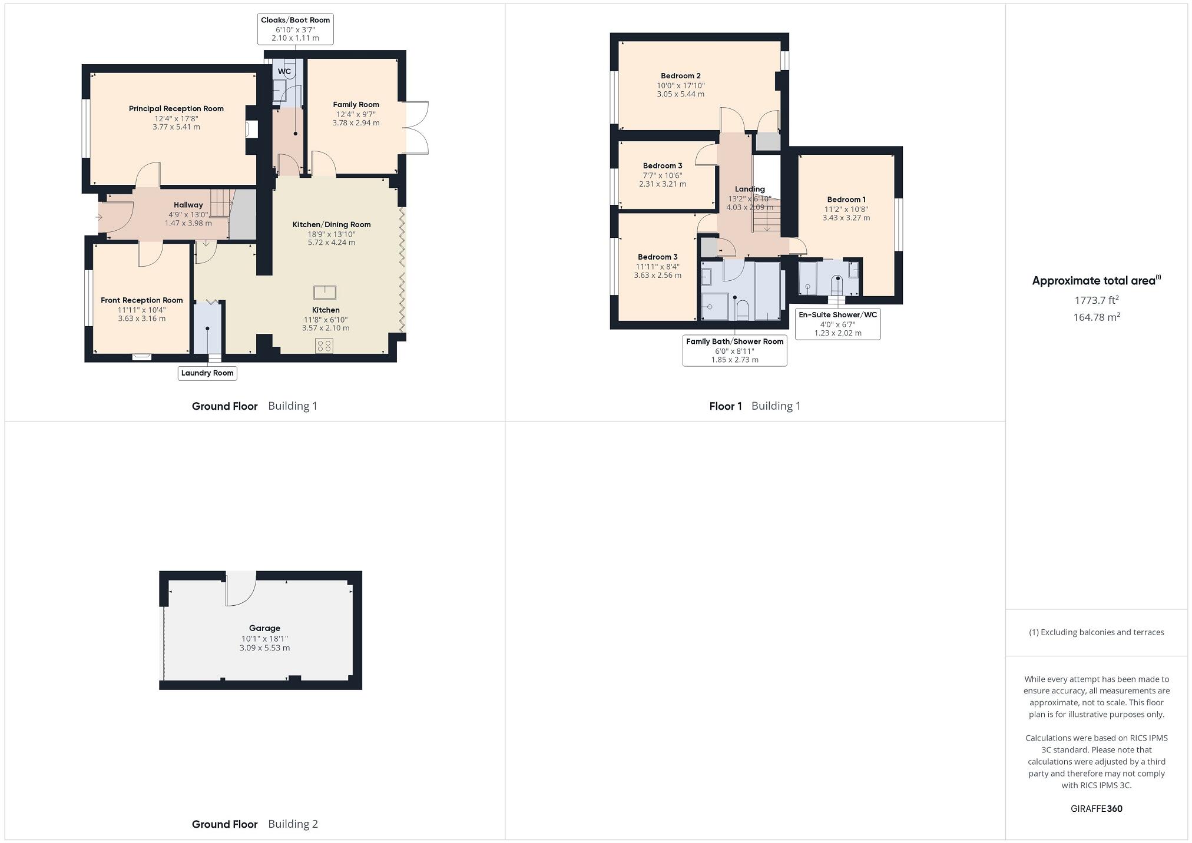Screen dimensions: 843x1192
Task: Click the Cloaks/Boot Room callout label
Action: [x=295, y=20]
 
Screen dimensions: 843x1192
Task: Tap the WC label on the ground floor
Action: [x=284, y=72]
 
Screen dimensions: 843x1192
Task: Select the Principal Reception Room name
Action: [x=176, y=108]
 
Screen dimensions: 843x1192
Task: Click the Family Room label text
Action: [x=356, y=105]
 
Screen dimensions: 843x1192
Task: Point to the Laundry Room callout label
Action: [x=207, y=373]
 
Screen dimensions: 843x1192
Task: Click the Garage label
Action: [x=264, y=628]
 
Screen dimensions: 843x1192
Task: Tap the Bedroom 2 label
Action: [x=680, y=76]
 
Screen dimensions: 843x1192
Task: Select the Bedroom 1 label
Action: [x=846, y=200]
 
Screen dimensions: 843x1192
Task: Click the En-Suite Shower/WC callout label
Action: [x=837, y=315]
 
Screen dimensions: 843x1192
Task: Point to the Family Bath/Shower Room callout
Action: [x=734, y=341]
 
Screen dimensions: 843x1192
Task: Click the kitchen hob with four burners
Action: [x=324, y=345]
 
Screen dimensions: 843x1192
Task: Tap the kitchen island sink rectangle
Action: [x=325, y=293]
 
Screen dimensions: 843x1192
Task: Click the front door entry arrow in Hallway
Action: [x=99, y=217]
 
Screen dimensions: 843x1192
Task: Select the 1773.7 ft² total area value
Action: [x=1096, y=300]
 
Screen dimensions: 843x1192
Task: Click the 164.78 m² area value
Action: [x=1096, y=317]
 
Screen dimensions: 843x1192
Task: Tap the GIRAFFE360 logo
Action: [x=1096, y=808]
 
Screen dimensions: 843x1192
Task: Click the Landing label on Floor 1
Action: [x=749, y=190]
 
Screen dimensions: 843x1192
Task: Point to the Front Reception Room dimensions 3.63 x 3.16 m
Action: [x=141, y=318]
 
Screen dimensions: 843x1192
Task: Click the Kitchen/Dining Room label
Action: [x=332, y=224]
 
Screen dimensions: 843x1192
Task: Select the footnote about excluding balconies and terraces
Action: [x=1096, y=632]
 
